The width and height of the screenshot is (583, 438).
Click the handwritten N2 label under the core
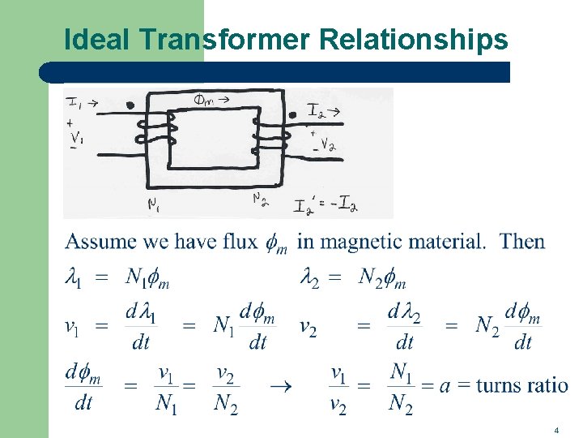pos(260,199)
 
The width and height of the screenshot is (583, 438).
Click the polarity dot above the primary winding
pos(130,105)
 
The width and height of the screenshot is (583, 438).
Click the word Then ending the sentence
pos(522,241)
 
